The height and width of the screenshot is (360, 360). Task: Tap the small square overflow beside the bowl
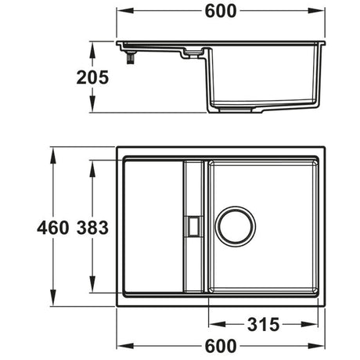click(x=193, y=225)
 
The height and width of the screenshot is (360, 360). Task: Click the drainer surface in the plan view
click(x=153, y=227)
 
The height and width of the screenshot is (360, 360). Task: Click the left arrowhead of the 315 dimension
click(x=211, y=323)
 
